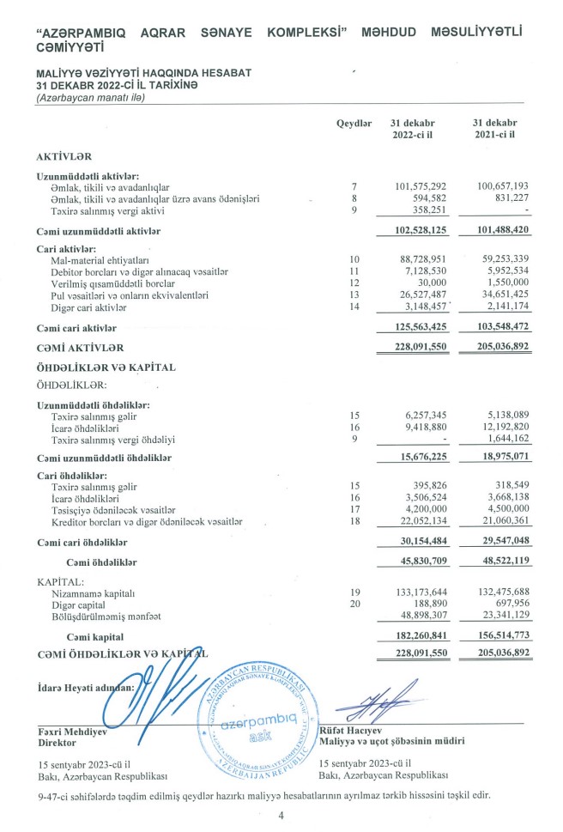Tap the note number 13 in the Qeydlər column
[x=353, y=295]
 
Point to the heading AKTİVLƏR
[x=64, y=159]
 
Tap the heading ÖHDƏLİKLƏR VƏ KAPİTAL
[x=105, y=367]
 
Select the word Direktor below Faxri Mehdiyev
[x=58, y=744]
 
